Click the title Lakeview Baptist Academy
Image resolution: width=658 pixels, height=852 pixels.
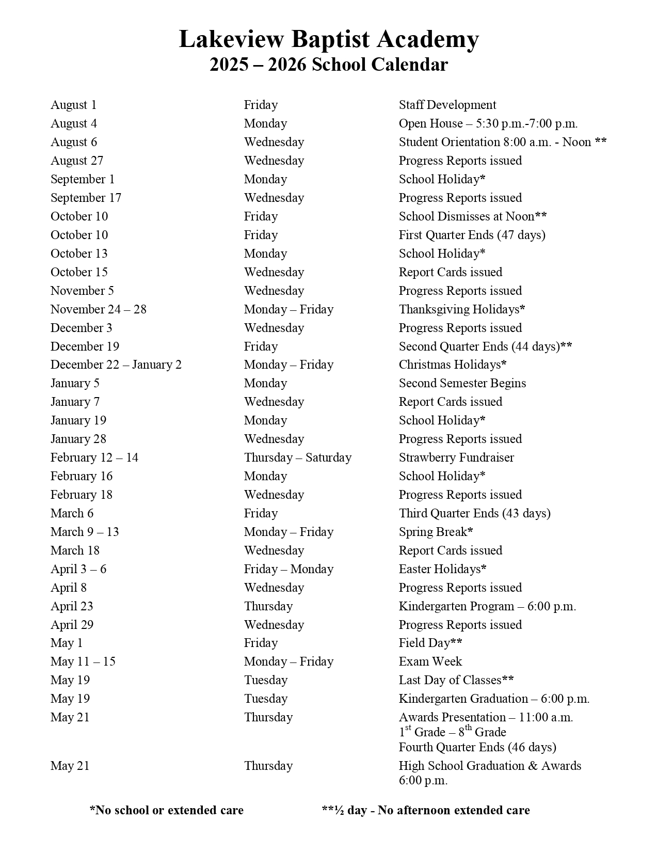point(329,39)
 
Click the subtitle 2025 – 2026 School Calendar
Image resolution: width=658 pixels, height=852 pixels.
point(329,65)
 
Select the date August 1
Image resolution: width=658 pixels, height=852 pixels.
point(73,105)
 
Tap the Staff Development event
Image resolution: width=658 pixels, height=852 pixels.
point(447,105)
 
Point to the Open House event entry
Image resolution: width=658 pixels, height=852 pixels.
point(488,123)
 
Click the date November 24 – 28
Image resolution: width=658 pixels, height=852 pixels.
point(98,309)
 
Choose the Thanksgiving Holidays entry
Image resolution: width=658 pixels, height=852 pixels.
point(461,309)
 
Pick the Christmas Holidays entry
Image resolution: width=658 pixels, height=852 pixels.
point(452,365)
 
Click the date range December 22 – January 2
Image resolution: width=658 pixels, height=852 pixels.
point(116,365)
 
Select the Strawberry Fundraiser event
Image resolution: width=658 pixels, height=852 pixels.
point(456,457)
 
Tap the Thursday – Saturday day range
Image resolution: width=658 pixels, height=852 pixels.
point(297,457)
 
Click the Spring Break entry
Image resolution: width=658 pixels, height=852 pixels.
point(436,532)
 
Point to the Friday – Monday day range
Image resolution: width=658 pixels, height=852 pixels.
point(288,569)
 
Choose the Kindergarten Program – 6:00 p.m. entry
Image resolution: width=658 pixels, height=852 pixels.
point(487,606)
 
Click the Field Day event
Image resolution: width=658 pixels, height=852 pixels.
point(430,643)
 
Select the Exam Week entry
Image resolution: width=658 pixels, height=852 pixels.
point(430,661)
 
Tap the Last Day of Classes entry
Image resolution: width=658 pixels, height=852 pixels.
point(456,680)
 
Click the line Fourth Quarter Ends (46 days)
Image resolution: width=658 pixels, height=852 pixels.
point(477,747)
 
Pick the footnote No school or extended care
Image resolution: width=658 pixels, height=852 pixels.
point(166,810)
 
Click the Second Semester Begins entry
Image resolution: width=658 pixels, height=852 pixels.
point(462,383)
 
